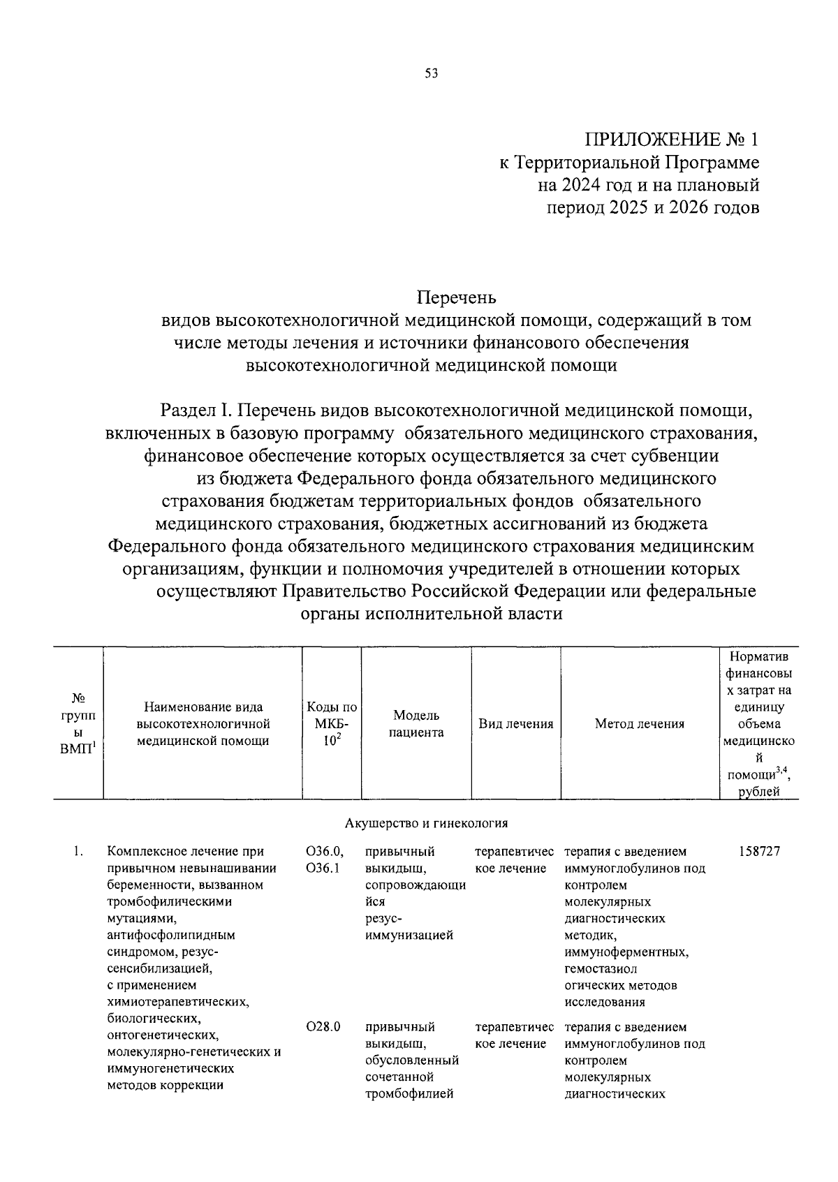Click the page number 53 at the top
(x=431, y=74)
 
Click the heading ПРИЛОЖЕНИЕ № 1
(x=671, y=140)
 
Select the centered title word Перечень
(x=456, y=297)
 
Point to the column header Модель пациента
(x=416, y=723)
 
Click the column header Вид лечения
(x=515, y=724)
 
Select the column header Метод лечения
(x=639, y=724)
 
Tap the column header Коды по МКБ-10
(x=332, y=724)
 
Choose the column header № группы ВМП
(x=78, y=723)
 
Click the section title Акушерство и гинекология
(x=426, y=823)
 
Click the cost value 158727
(x=758, y=852)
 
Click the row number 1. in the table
(x=80, y=852)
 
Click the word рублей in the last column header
(x=758, y=791)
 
